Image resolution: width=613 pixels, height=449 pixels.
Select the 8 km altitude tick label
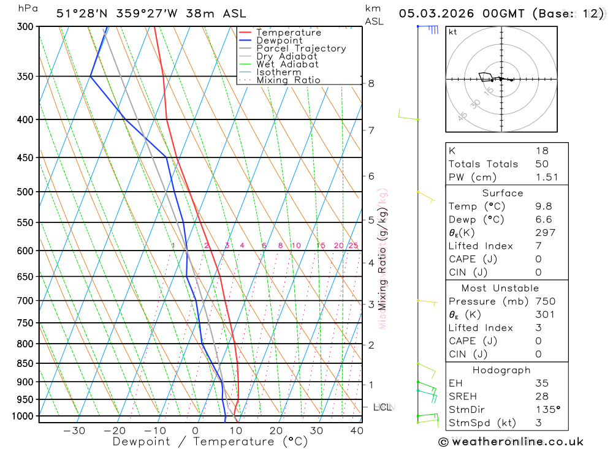[371, 83]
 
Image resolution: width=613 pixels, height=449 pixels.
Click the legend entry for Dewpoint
[279, 40]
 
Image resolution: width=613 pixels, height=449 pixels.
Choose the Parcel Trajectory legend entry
[301, 48]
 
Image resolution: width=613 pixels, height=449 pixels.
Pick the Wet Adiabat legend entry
[287, 64]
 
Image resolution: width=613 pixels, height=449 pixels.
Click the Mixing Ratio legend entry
[288, 80]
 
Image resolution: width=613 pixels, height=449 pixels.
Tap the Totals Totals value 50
[542, 164]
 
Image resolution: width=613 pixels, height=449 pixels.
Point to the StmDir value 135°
[547, 410]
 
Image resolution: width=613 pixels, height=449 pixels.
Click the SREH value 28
[542, 396]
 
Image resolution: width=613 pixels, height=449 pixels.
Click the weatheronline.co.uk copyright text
[511, 442]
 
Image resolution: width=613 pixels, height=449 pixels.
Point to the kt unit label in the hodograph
[453, 32]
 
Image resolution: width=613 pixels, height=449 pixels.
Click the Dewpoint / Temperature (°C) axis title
[210, 442]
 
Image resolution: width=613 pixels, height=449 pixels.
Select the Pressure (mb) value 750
[545, 301]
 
